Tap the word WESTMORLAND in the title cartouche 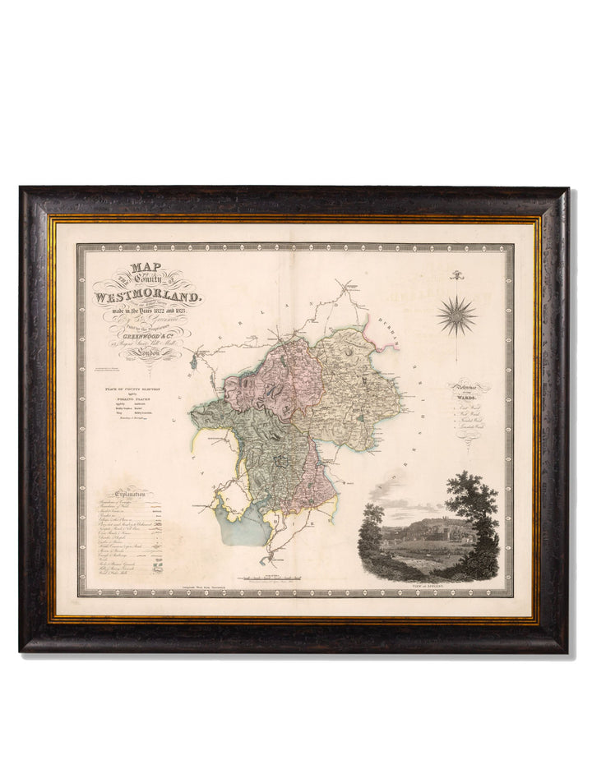click(x=147, y=296)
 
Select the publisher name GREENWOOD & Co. click(x=149, y=334)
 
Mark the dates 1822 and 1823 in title click(x=148, y=313)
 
